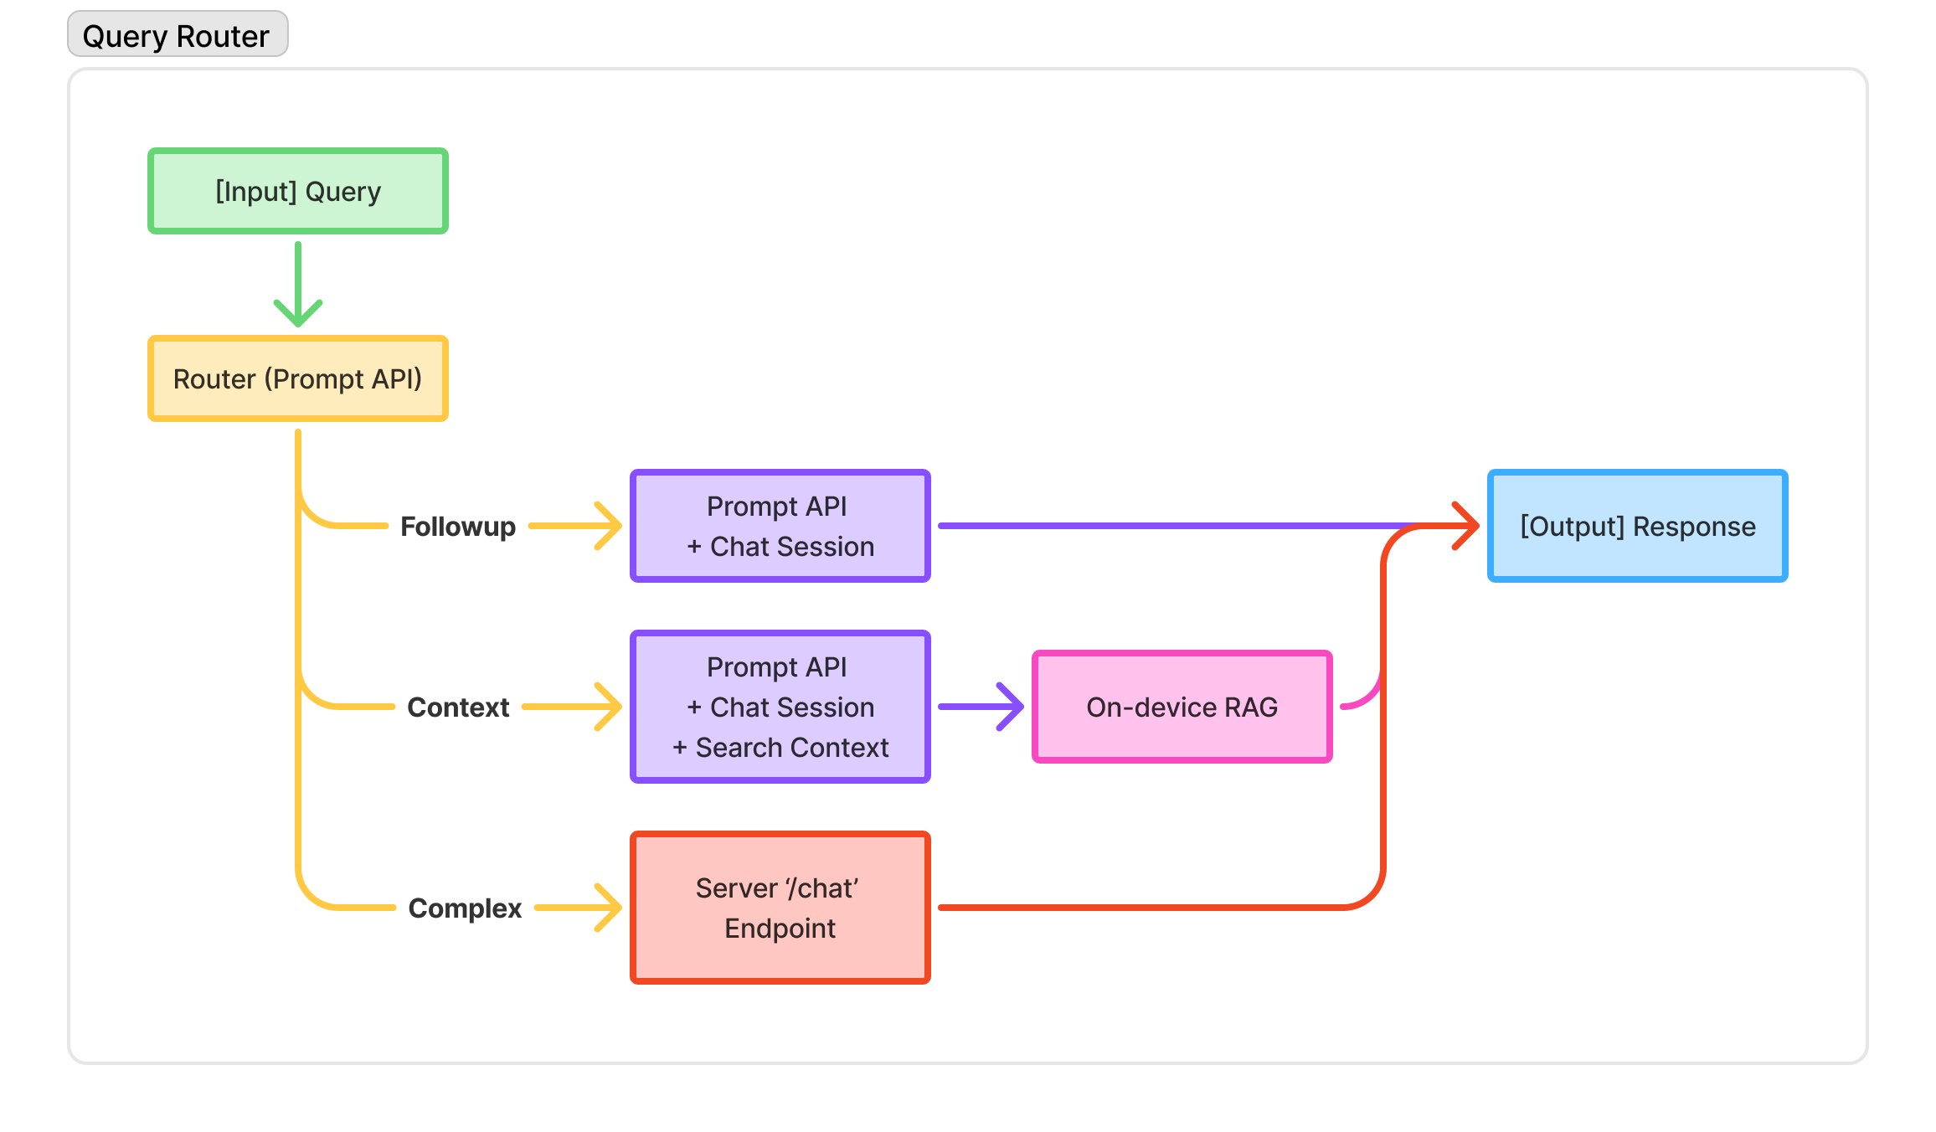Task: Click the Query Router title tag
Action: tap(177, 35)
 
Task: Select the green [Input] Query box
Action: tap(297, 191)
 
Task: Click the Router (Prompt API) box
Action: tap(297, 378)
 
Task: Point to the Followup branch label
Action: tap(457, 527)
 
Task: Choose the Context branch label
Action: tap(457, 707)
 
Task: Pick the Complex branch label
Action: tap(464, 908)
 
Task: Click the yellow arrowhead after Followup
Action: tap(610, 526)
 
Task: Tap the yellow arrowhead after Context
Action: tap(610, 707)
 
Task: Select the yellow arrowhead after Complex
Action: tap(610, 908)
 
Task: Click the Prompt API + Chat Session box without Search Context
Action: tap(780, 526)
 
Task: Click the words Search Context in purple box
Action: tap(791, 748)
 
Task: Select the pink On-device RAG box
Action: tap(1182, 707)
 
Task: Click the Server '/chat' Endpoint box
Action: tap(780, 908)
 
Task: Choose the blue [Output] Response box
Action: tap(1637, 526)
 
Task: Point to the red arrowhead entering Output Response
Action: tap(1467, 526)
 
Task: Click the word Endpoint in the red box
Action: tap(780, 929)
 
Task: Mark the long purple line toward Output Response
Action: tap(1172, 526)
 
